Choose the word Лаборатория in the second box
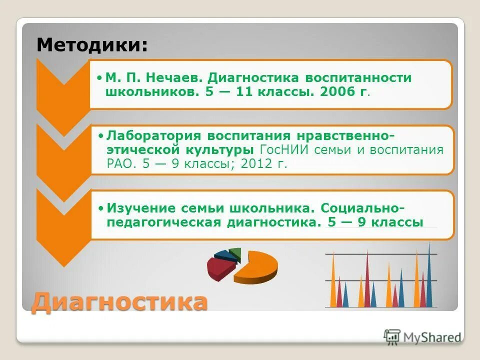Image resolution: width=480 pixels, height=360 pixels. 153,136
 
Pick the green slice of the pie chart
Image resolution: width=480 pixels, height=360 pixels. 235,253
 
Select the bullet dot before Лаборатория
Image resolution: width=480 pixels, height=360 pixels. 100,136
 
